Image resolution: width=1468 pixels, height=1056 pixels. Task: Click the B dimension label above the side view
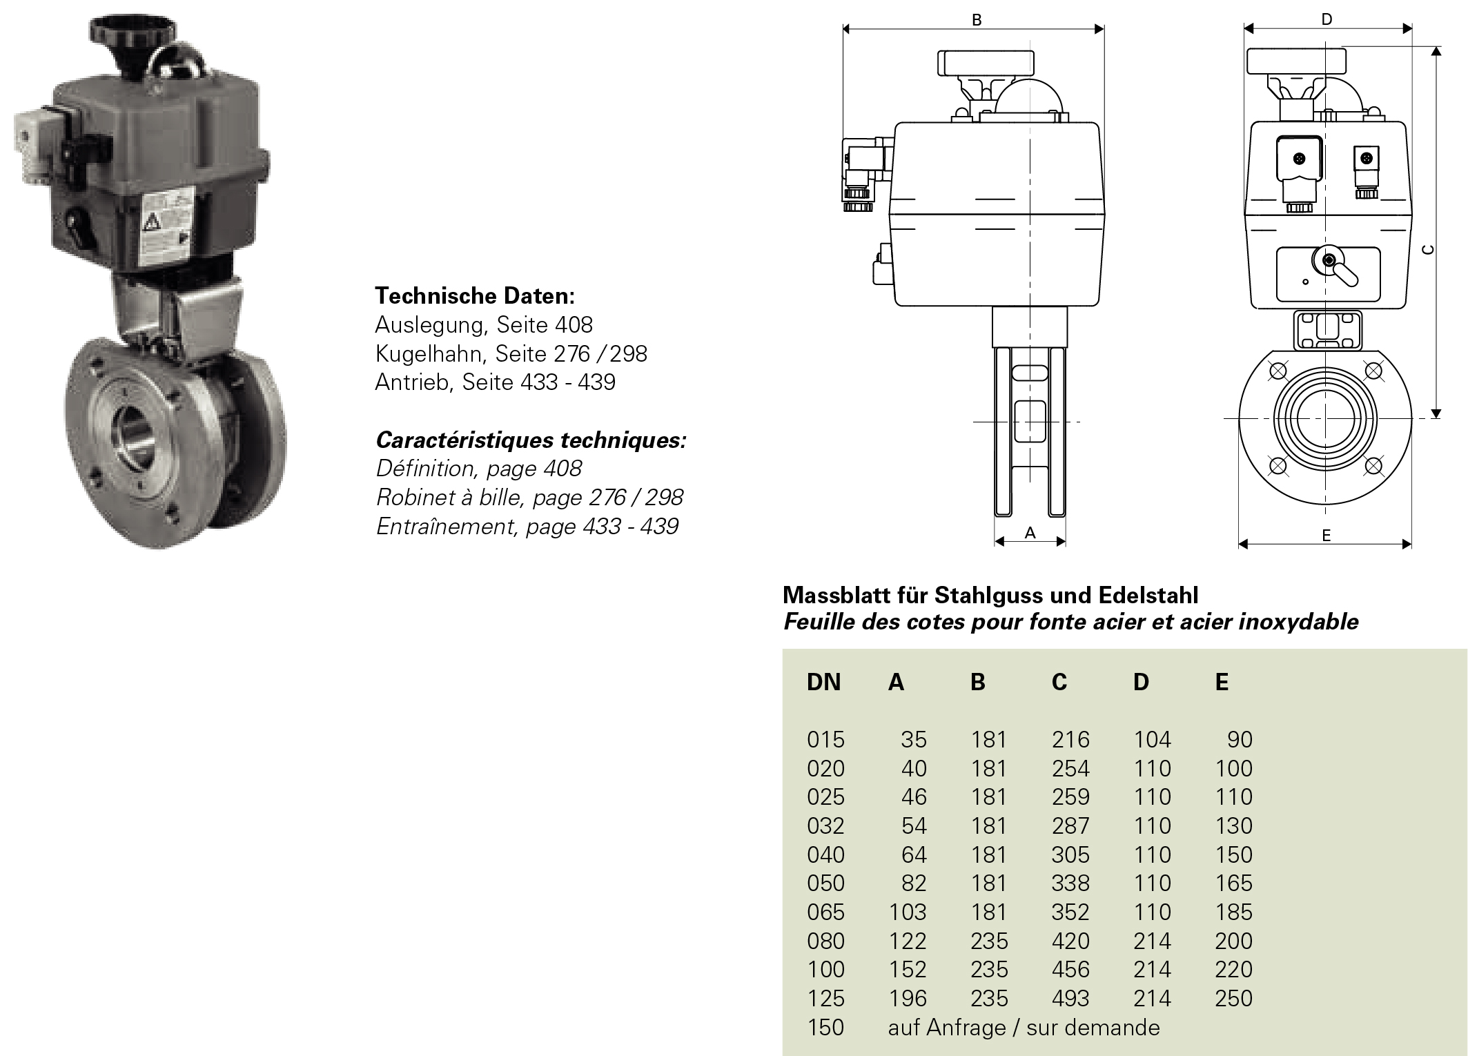click(x=976, y=20)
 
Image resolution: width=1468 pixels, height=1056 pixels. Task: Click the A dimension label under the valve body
click(x=1030, y=532)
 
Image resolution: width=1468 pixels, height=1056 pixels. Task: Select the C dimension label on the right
click(x=1429, y=249)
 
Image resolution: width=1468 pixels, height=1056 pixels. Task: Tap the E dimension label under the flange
click(x=1326, y=535)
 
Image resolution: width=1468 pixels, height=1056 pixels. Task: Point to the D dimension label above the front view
click(x=1327, y=19)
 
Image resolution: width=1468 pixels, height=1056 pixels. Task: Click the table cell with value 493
click(x=1070, y=998)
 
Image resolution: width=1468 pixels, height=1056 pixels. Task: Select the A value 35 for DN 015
click(x=913, y=740)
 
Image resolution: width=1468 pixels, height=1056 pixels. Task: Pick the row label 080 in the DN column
click(x=825, y=941)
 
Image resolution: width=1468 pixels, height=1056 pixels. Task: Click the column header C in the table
click(x=1059, y=682)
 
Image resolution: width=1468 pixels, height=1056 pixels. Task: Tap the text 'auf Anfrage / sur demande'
click(x=1024, y=1027)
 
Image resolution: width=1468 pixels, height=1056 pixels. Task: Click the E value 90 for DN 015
click(x=1240, y=740)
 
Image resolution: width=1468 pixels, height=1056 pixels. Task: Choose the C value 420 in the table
click(x=1070, y=941)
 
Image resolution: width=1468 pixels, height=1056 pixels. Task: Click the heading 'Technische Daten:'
click(x=475, y=296)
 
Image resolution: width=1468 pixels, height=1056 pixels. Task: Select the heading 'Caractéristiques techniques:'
click(x=531, y=440)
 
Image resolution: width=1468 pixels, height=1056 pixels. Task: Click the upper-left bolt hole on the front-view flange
click(x=1278, y=371)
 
